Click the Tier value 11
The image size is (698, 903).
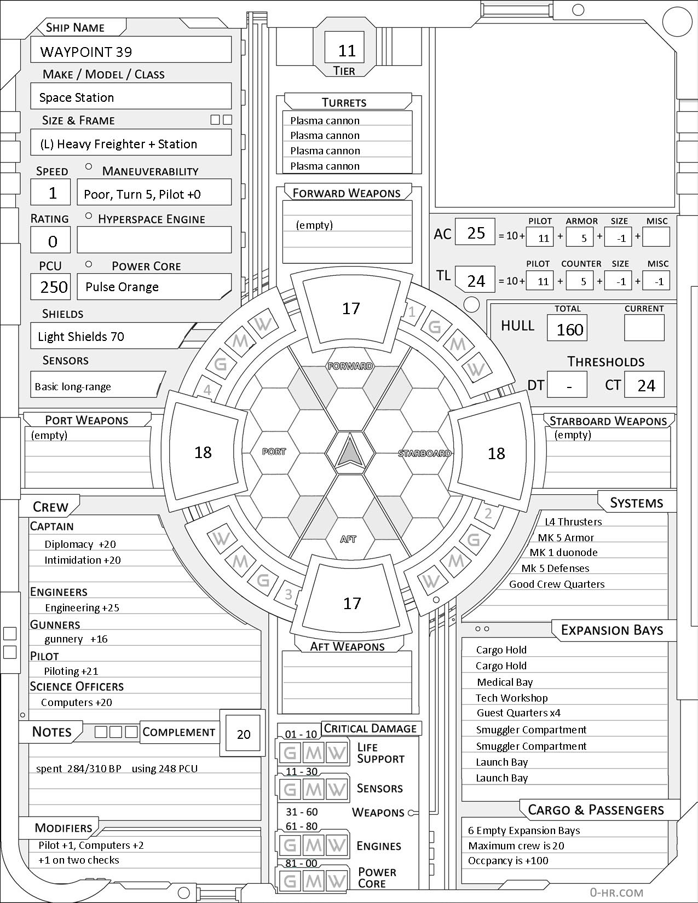347,51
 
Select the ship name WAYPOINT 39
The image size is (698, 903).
86,52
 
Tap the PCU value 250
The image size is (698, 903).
54,287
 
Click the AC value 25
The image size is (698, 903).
476,233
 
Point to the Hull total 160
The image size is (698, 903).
569,329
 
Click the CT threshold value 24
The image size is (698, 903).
646,385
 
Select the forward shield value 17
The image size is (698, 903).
351,308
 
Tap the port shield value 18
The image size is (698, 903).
203,452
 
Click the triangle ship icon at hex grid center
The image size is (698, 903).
349,452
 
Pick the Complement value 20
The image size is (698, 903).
243,734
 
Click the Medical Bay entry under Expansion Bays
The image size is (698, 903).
504,682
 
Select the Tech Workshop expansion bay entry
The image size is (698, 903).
511,698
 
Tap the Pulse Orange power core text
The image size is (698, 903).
122,287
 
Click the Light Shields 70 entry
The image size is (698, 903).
81,337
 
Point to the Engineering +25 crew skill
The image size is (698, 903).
82,607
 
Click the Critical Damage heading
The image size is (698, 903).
371,728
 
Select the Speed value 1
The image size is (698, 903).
53,193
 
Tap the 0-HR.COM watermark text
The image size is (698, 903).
616,892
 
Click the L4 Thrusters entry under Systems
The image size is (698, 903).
573,522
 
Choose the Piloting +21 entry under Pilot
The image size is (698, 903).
71,671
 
